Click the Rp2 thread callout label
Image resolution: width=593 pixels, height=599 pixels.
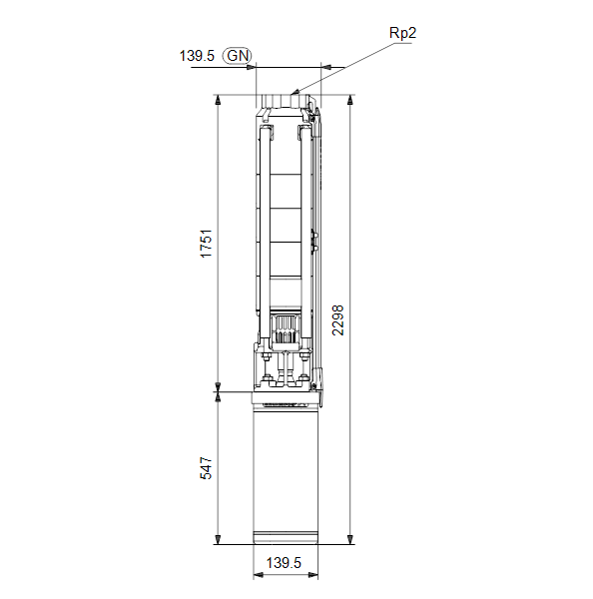tap(402, 33)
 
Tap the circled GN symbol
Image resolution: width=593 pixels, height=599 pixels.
tap(238, 55)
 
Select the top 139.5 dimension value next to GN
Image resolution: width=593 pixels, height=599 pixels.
tap(197, 56)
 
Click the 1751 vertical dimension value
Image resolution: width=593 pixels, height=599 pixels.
tap(206, 244)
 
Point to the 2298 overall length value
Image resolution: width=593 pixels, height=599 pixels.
tap(337, 320)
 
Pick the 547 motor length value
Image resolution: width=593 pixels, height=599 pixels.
tap(206, 467)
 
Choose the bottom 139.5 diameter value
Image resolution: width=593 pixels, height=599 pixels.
tap(284, 563)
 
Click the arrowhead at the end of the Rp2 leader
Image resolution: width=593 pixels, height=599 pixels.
tap(295, 92)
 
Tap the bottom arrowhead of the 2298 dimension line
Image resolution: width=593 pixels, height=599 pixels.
tap(350, 539)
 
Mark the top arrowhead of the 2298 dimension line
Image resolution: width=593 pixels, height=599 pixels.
tap(350, 100)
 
